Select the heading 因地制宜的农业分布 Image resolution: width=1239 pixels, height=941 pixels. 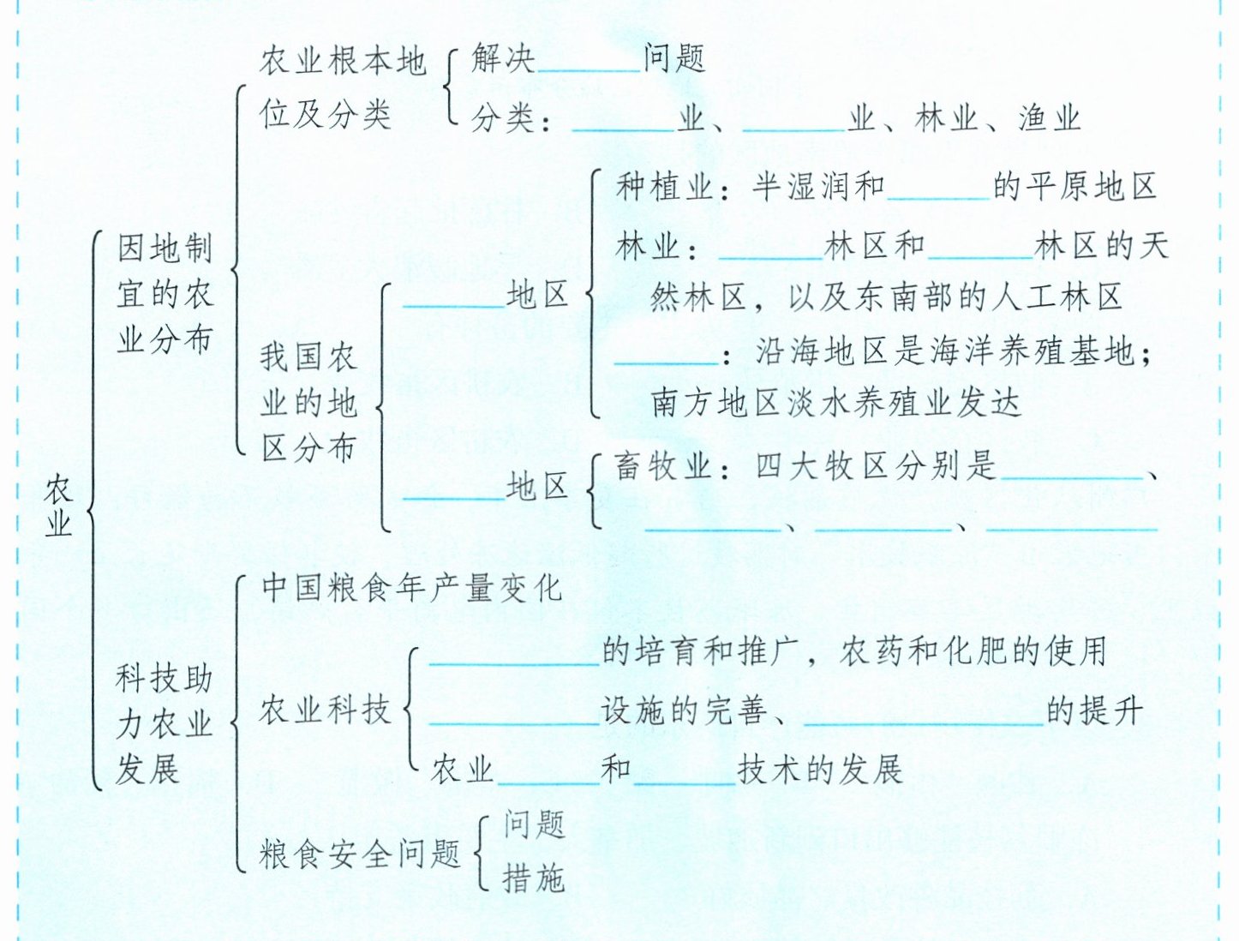click(x=165, y=294)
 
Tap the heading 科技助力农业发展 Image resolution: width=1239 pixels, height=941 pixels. click(x=164, y=724)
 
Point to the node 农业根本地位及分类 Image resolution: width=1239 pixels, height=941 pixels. click(x=342, y=87)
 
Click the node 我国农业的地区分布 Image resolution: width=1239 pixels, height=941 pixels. click(x=308, y=402)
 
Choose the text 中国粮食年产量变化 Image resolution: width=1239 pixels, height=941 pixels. click(x=411, y=588)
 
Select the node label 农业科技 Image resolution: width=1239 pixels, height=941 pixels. click(x=325, y=710)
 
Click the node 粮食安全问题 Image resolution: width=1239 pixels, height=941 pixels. click(x=360, y=854)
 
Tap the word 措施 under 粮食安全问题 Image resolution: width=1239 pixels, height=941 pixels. click(x=534, y=878)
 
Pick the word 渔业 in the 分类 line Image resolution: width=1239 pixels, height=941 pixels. click(x=1050, y=118)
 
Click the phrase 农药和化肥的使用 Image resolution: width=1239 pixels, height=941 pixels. click(x=973, y=651)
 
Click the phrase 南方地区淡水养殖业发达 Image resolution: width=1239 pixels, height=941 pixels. click(x=835, y=403)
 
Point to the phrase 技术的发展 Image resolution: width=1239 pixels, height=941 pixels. click(x=820, y=770)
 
